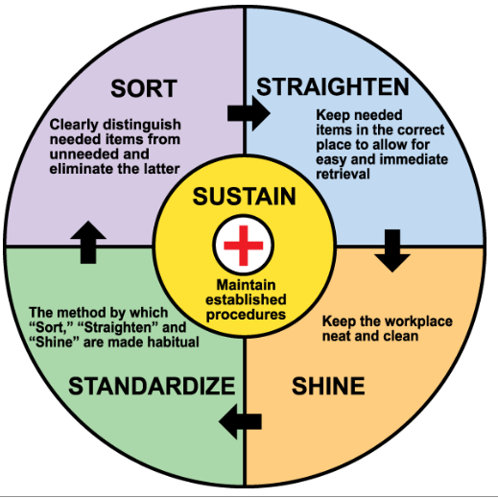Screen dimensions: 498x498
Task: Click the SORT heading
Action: [144, 88]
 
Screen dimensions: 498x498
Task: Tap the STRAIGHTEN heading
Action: [333, 86]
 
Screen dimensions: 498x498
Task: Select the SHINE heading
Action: [328, 386]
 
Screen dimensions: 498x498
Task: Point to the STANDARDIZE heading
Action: [152, 386]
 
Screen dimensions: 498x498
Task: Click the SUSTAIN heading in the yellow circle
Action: [244, 197]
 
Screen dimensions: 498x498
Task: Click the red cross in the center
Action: [244, 246]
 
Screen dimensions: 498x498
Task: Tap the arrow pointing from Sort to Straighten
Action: [249, 113]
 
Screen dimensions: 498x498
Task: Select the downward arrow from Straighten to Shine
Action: [392, 250]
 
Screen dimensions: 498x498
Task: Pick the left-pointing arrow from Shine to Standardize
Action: [240, 421]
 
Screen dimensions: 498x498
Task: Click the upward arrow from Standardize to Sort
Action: [88, 242]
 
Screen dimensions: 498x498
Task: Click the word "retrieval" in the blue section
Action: [343, 174]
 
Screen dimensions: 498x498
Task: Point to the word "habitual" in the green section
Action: [174, 343]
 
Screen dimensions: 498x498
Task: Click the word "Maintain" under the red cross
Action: [246, 285]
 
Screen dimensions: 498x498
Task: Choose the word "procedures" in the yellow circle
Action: [246, 315]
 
